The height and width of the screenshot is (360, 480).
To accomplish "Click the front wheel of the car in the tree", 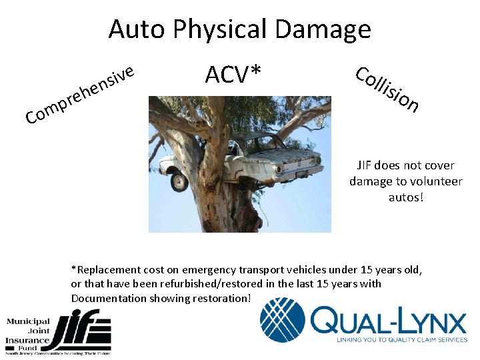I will coord(178,181).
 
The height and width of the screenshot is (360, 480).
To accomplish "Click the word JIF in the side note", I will coord(365,165).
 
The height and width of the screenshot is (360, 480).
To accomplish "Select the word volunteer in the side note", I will coord(437,181).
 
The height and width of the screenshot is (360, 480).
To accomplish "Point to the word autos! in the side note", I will coord(405,197).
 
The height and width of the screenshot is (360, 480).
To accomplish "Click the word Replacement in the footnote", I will coord(106,270).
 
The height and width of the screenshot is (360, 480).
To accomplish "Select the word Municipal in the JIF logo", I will coord(29,322).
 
